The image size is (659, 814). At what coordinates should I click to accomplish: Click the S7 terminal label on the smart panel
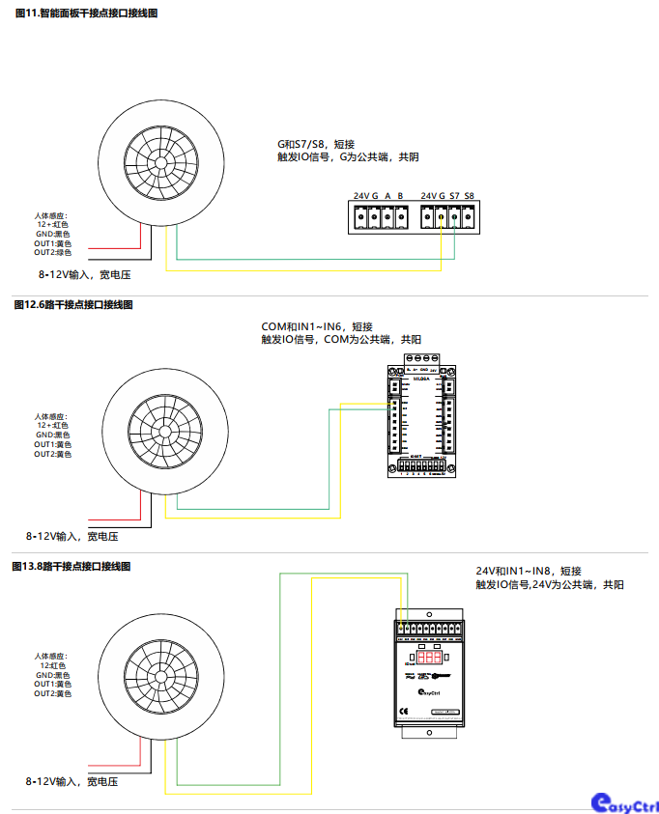454,196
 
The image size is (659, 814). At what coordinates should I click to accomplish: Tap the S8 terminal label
469,196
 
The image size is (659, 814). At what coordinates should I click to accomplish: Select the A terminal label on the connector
387,196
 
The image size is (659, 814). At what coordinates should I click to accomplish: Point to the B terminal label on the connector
400,196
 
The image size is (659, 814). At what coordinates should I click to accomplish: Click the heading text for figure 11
86,14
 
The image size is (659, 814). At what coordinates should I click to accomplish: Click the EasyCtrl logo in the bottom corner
624,802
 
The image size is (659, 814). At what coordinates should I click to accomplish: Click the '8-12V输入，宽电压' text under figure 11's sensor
84,275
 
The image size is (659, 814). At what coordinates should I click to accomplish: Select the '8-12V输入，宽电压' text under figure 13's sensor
72,781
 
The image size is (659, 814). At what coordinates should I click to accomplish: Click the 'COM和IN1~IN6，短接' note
317,326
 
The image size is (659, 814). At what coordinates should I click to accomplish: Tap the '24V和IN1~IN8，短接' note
528,571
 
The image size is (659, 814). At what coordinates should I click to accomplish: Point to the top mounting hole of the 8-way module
429,598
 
